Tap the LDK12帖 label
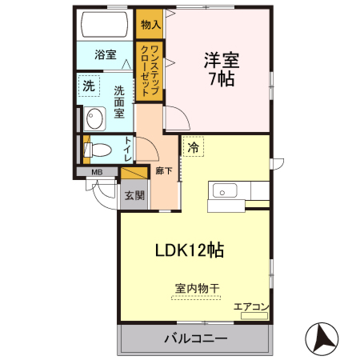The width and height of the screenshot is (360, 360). [189, 250]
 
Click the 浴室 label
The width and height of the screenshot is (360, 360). [105, 54]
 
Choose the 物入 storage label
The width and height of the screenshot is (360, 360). [150, 25]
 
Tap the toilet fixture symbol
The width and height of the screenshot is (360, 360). [98, 150]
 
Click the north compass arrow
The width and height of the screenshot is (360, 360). [322, 338]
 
